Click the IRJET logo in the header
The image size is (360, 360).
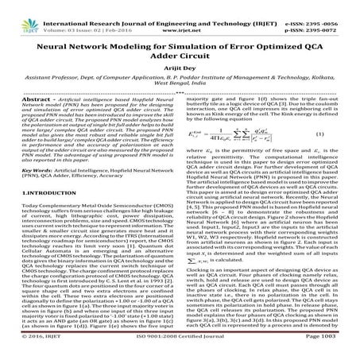pyautogui.click(x=17, y=12)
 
